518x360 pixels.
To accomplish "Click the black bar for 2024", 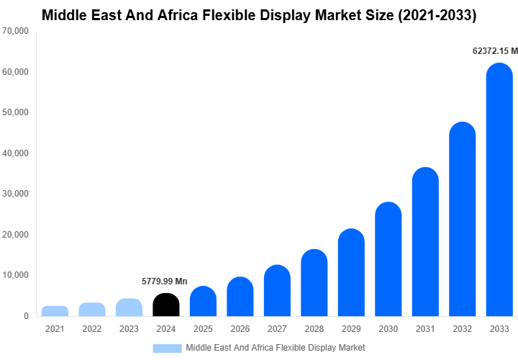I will (x=165, y=305).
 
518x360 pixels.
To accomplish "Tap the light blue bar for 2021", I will (x=55, y=311).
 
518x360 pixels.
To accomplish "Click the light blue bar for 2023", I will (x=129, y=307).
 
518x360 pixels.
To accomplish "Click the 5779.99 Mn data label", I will (x=165, y=282).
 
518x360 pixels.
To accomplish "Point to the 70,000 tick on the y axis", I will (x=15, y=32).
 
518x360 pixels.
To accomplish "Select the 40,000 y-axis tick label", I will (x=15, y=153).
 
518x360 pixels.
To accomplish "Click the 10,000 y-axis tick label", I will (x=15, y=275).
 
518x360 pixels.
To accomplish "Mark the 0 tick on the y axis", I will (x=26, y=316).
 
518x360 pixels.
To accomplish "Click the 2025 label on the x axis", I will (x=203, y=329).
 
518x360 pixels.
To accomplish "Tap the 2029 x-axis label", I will (x=351, y=329).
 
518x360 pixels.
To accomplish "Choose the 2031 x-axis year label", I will (x=425, y=329).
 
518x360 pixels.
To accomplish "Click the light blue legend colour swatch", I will (x=167, y=348).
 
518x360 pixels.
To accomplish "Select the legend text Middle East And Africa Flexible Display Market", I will (x=276, y=348).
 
